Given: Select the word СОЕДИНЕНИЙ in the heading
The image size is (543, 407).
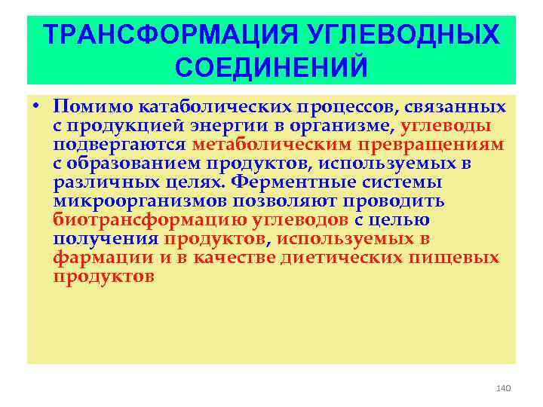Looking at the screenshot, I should click(x=271, y=67).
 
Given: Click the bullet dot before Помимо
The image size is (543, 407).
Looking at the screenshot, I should click(x=36, y=106).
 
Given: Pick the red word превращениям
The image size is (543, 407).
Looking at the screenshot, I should click(x=434, y=145).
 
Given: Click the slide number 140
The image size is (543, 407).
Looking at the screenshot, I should click(x=504, y=387).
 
